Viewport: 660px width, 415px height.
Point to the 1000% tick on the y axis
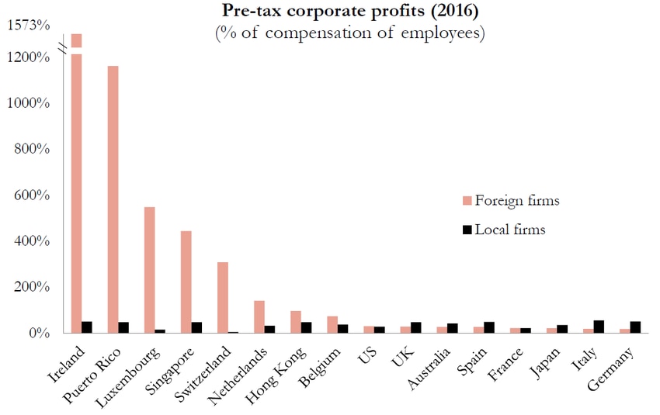click(30, 103)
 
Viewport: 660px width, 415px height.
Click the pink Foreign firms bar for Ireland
click(76, 186)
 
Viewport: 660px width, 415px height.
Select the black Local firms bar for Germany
click(635, 327)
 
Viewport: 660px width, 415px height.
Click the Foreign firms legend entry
click(510, 201)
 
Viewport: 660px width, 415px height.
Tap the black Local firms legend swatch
click(467, 230)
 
